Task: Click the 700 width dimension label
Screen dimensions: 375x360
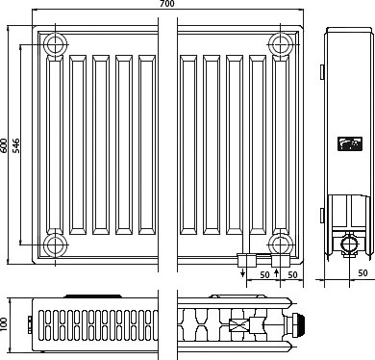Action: pos(167,4)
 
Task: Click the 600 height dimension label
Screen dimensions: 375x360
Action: pos(4,145)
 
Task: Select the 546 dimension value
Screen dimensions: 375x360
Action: pos(15,145)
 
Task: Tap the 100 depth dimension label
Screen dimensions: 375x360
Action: pos(4,325)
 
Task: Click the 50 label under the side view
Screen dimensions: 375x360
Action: pos(362,272)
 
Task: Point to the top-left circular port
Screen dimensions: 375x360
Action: pos(56,44)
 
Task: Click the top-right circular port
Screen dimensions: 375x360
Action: pos(281,44)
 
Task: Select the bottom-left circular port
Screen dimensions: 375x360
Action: pos(56,244)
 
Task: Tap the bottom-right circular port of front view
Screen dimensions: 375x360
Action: pos(281,244)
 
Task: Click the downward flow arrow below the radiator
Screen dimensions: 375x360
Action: pos(243,272)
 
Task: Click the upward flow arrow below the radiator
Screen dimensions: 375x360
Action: pos(277,273)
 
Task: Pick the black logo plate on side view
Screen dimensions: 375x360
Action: pos(350,143)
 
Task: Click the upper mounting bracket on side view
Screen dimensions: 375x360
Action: pos(322,71)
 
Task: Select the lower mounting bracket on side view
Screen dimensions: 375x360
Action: pos(322,216)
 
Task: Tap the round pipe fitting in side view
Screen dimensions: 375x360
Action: pos(349,244)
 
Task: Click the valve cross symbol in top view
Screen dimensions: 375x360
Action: pos(238,324)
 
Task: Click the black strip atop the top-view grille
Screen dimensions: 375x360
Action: pos(93,296)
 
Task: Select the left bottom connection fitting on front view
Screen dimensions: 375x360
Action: pos(247,260)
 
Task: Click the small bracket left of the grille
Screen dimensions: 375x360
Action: pos(30,325)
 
